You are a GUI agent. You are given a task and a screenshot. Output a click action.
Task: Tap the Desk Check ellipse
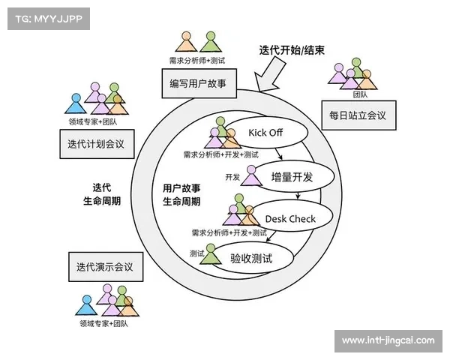(x=290, y=218)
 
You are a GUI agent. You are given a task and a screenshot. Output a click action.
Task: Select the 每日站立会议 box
(x=358, y=115)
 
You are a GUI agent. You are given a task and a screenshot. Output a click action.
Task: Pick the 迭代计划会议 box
(x=95, y=144)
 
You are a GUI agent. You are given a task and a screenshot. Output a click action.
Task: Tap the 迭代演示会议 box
(x=104, y=266)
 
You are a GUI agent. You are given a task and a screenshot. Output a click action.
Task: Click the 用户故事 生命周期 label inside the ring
(x=181, y=195)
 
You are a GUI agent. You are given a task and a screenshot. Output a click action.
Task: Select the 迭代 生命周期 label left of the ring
(x=102, y=195)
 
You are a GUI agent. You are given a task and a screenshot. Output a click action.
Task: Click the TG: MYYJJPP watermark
(x=47, y=17)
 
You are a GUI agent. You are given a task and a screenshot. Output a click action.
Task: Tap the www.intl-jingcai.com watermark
(x=388, y=340)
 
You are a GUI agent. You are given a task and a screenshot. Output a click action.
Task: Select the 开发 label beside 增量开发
(x=232, y=177)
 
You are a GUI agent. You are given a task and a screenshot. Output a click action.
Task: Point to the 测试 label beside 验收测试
(x=196, y=253)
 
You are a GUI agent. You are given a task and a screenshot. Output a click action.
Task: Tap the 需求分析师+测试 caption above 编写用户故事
(x=197, y=60)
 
